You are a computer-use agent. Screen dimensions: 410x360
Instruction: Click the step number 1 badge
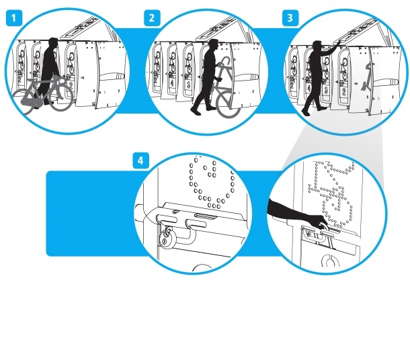coord(14,18)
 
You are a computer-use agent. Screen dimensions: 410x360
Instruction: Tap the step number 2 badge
coord(152,18)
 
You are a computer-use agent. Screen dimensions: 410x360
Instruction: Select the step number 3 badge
coord(290,18)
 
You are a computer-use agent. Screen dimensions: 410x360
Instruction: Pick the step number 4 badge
coord(141,161)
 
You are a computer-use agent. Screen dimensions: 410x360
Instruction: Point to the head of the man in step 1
coord(53,43)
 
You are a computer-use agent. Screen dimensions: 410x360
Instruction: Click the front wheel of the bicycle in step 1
coord(60,98)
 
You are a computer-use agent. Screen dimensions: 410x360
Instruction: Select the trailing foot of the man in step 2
coord(196,111)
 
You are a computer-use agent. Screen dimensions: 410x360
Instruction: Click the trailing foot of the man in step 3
coord(306,112)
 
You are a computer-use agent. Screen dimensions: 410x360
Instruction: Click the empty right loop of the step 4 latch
coord(196,224)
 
